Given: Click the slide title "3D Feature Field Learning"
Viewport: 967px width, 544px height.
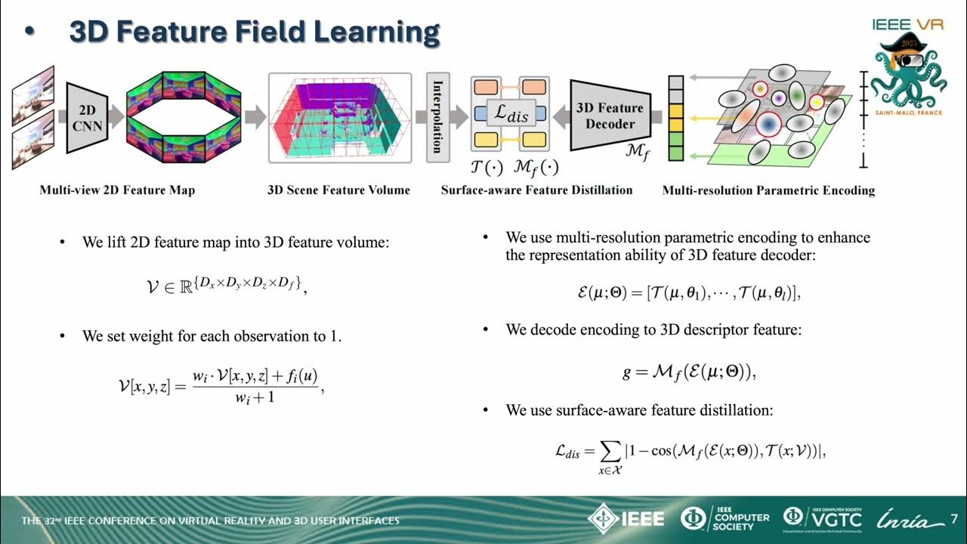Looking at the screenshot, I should coord(254,32).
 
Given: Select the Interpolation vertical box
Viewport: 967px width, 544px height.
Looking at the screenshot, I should coord(437,117).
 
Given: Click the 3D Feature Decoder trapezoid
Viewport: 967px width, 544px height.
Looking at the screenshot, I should coord(609,115).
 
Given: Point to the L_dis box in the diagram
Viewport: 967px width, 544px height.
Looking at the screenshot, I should coord(511,113).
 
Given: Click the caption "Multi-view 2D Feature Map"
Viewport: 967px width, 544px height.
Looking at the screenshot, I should coord(117,190).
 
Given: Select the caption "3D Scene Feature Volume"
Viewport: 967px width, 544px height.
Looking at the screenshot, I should coord(338,190).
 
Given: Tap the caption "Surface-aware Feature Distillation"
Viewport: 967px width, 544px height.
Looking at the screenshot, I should coord(536,190).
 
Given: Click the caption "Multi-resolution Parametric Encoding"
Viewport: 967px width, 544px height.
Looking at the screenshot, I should coord(768,190).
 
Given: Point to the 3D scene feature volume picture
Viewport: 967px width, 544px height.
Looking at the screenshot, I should coord(339,117).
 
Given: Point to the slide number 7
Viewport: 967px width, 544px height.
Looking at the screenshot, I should coord(953,519).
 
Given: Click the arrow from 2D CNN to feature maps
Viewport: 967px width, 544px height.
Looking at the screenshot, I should coord(116,117).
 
